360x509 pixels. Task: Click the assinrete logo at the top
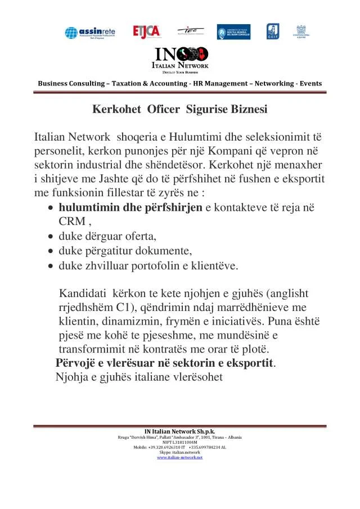point(89,32)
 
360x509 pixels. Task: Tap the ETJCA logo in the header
point(146,31)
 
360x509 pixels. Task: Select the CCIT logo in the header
point(272,31)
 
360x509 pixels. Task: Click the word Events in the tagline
point(311,84)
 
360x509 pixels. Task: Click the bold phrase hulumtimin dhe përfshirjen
point(130,208)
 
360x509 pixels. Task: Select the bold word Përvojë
point(78,363)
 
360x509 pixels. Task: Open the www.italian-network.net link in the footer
point(179,458)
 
